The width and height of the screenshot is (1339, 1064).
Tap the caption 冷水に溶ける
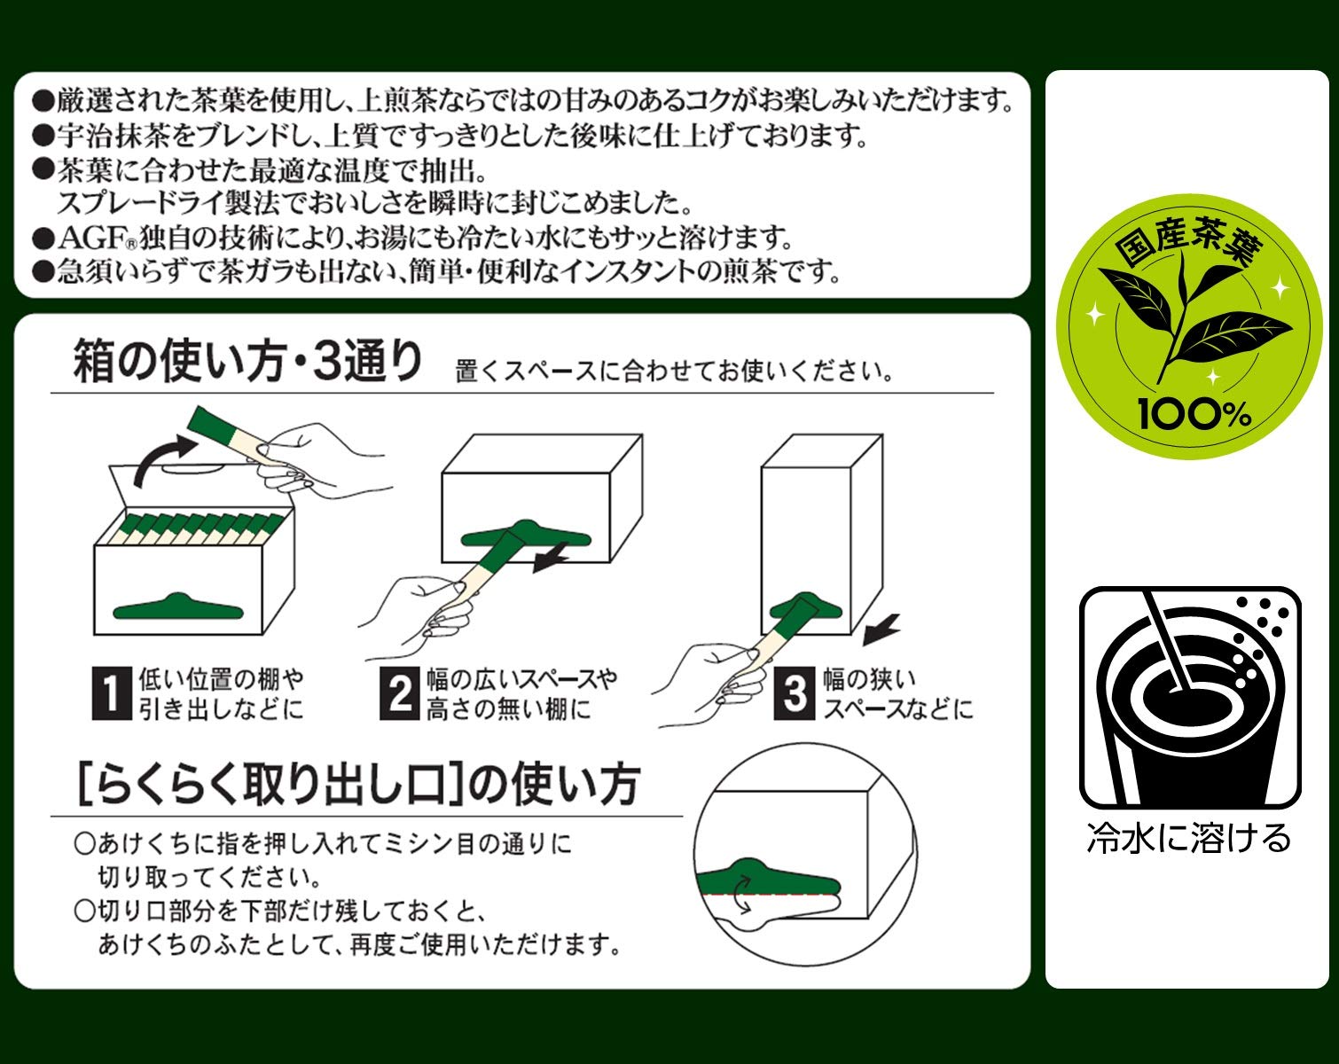click(x=1189, y=837)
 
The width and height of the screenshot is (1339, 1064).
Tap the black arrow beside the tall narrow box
click(x=881, y=628)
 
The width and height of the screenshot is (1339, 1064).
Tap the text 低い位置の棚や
click(x=221, y=679)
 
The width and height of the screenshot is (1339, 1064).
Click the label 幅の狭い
click(x=868, y=679)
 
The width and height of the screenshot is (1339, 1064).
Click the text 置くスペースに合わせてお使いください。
click(x=674, y=372)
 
